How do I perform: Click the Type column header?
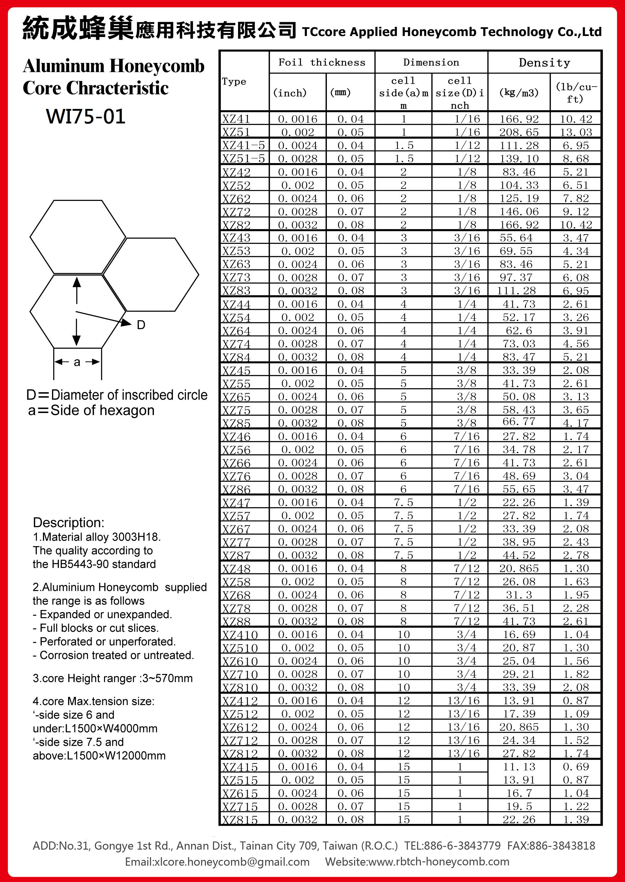point(234,82)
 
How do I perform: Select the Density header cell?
point(544,62)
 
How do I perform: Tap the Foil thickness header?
point(322,62)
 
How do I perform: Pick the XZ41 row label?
point(236,119)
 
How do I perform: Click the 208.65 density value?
point(519,133)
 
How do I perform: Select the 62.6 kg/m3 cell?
point(519,330)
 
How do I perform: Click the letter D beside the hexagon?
point(141,325)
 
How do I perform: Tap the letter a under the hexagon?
point(77,362)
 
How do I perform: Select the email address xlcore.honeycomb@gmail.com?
point(232,862)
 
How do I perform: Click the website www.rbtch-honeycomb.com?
point(439,862)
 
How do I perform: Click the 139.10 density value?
point(519,159)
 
